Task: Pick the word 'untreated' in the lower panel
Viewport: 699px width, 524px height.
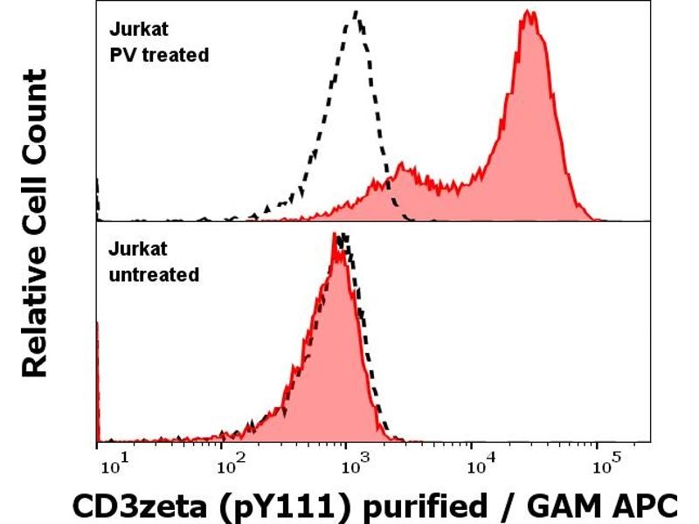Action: point(153,274)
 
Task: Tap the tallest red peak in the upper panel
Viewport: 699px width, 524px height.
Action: point(528,13)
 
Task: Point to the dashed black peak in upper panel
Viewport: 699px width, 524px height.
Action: point(356,12)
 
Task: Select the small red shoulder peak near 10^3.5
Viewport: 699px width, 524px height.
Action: point(401,164)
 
